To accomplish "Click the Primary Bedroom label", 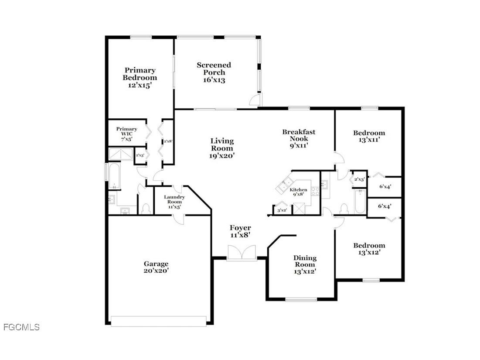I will (x=140, y=78).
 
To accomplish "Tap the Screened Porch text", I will (x=214, y=72).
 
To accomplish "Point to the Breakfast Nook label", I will (x=299, y=139).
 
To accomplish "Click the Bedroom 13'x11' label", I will (x=369, y=137).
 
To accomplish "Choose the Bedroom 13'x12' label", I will (x=369, y=249).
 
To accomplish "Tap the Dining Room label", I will (x=305, y=264).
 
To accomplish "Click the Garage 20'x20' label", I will (x=156, y=267).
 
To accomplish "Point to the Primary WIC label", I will (x=126, y=134).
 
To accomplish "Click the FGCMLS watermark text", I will (x=21, y=327).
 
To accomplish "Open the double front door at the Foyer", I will (x=241, y=253).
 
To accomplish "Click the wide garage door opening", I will (x=159, y=321).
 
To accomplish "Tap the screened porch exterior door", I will (x=255, y=101).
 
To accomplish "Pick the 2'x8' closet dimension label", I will (x=167, y=141).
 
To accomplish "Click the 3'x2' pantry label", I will (x=282, y=210).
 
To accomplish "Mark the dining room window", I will (x=301, y=299).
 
